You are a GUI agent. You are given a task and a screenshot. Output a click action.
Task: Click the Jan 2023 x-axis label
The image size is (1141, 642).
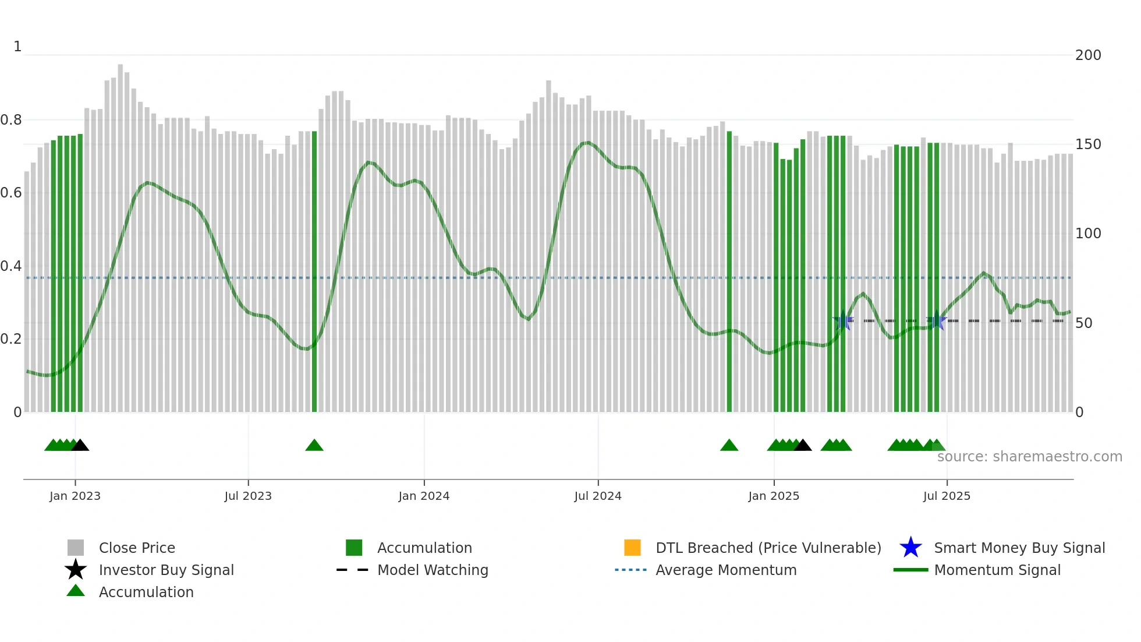75,496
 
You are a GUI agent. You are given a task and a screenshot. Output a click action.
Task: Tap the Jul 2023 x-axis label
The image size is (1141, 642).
248,496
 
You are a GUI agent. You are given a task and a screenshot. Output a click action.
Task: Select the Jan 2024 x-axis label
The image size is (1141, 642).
424,496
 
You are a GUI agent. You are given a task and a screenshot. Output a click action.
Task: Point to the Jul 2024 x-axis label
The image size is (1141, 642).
598,496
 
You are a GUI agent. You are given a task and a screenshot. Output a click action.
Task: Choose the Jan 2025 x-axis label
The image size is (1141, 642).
774,496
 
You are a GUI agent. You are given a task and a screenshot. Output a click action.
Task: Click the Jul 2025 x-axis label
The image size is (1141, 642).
947,496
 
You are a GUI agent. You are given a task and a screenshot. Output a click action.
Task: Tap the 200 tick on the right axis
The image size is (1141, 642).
1088,55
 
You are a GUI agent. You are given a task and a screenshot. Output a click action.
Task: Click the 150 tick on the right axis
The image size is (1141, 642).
1088,144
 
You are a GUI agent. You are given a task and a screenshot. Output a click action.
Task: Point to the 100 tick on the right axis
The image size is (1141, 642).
1088,234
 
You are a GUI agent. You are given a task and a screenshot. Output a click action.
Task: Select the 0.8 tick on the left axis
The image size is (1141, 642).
12,120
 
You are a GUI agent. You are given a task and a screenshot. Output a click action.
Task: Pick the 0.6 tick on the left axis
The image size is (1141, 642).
12,193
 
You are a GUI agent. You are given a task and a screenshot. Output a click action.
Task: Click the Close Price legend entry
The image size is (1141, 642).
137,548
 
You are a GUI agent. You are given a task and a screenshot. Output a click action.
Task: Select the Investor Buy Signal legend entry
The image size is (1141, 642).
166,570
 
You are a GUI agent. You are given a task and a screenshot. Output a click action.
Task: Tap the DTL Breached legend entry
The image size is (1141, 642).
768,548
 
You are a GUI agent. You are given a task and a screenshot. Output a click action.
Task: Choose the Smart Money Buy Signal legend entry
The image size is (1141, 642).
1019,548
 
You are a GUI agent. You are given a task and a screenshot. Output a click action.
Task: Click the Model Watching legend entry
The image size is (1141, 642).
433,570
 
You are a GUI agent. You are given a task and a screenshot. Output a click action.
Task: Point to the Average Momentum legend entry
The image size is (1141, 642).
726,570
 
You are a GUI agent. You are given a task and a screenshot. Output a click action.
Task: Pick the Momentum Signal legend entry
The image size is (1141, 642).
997,570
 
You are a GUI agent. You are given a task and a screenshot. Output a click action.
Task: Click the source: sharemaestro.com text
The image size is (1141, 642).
1029,457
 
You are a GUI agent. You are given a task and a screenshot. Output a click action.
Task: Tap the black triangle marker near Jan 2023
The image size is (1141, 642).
80,446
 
